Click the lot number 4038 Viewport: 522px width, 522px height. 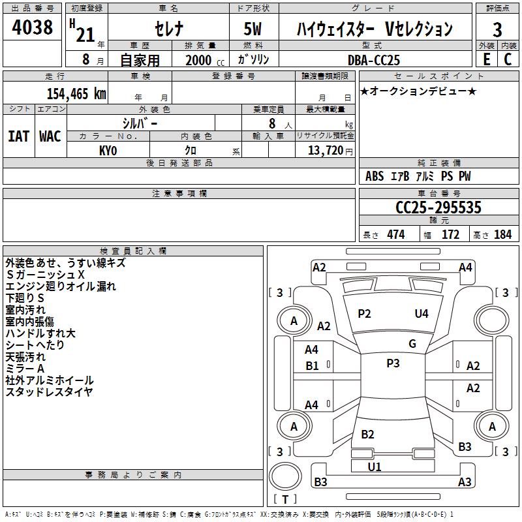click(32, 27)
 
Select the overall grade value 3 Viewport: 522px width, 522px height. click(497, 30)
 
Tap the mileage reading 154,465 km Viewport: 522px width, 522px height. click(76, 94)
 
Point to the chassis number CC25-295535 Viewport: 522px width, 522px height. click(438, 207)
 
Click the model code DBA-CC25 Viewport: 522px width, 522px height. click(373, 60)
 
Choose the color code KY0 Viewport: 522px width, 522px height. click(108, 151)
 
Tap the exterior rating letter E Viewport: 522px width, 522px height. click(486, 59)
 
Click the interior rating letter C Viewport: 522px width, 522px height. click(508, 59)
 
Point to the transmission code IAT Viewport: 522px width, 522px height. click(19, 136)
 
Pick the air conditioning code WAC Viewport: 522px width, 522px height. click(50, 136)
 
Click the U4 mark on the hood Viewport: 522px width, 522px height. click(422, 314)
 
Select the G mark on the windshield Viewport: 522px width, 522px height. click(412, 344)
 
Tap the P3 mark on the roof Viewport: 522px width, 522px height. click(393, 363)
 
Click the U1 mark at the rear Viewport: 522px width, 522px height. click(375, 467)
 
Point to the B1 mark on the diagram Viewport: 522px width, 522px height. click(312, 366)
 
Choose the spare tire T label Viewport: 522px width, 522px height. click(285, 499)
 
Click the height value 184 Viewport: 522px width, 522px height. click(502, 235)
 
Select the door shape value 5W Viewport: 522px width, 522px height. click(253, 29)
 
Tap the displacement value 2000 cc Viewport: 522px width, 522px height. click(205, 61)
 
